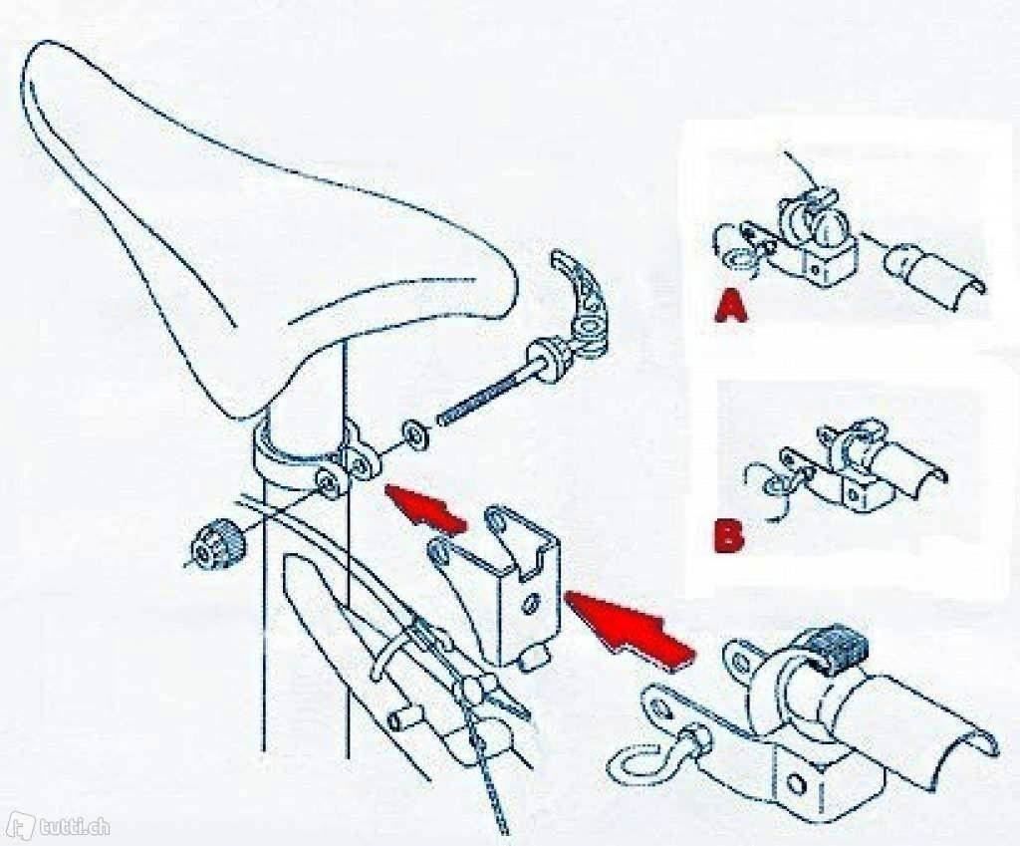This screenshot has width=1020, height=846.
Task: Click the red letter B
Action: (728, 535)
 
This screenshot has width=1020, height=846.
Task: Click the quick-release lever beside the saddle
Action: (579, 306)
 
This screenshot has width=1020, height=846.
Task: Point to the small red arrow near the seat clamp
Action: (426, 508)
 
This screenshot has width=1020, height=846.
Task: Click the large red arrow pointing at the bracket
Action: (628, 628)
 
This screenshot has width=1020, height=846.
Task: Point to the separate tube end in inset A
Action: (936, 273)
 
